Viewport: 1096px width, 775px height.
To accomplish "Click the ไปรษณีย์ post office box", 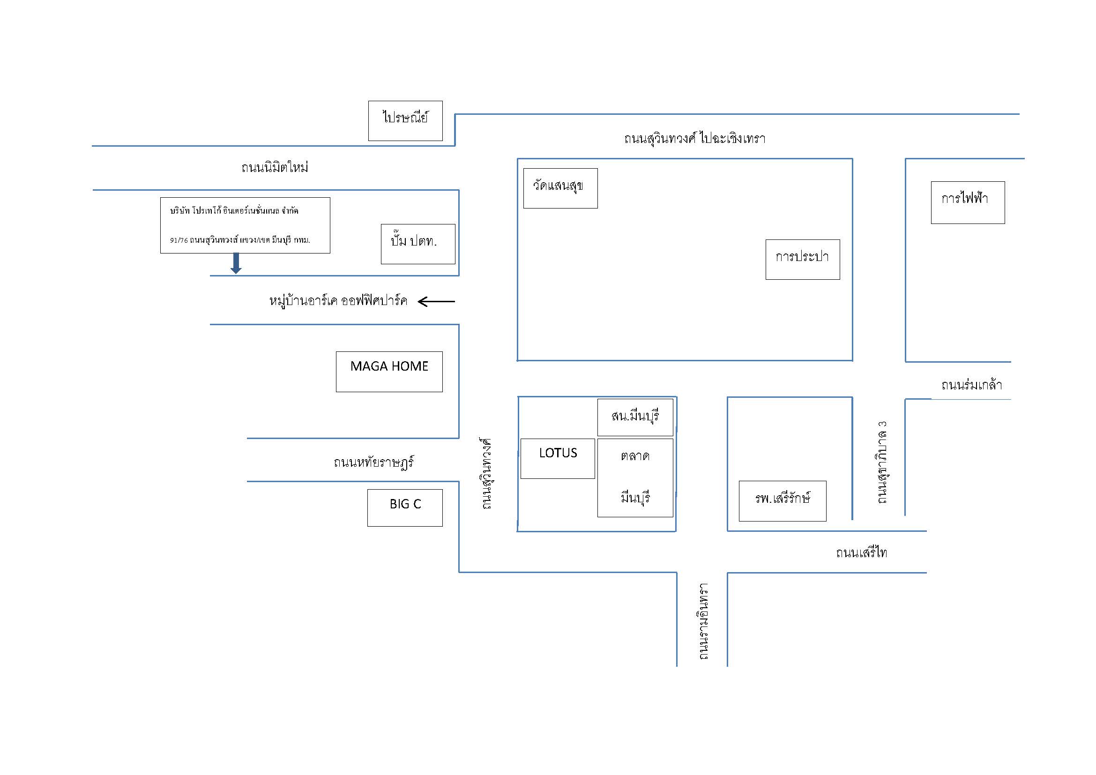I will point(405,121).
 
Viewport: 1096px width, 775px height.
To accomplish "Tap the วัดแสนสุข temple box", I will point(560,188).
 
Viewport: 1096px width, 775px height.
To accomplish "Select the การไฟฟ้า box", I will point(968,202).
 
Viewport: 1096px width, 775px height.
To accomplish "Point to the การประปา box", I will point(802,259).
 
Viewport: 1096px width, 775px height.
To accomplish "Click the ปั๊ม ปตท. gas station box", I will point(418,244).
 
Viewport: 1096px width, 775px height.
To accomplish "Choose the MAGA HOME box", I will point(389,371).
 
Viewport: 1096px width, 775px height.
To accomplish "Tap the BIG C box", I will point(405,508).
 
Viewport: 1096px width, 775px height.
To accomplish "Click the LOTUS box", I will point(558,458).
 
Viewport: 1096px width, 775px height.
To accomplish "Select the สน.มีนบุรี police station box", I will point(635,417).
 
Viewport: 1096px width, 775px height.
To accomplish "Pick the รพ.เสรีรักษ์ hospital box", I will point(783,500).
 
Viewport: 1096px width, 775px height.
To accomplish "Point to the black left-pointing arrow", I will point(436,302).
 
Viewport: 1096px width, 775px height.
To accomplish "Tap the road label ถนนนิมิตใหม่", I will point(275,167).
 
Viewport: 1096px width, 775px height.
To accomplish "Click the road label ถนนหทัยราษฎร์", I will point(373,462).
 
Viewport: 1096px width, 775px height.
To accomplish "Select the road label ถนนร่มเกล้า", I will point(971,385).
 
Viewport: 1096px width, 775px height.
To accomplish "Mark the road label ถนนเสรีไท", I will point(861,552).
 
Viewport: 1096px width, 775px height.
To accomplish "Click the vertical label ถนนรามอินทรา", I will point(703,621).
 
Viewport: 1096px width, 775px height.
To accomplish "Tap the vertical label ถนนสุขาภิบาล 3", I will point(882,462).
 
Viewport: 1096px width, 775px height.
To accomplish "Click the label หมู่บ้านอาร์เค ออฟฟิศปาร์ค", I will point(338,301).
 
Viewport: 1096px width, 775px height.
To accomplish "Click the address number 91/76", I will point(179,240).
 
